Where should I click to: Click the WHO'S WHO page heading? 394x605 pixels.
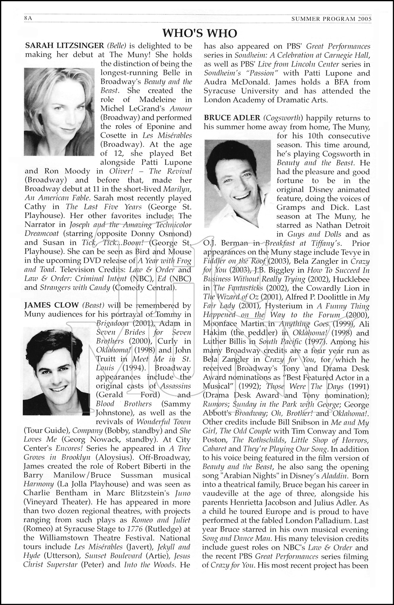click(199, 33)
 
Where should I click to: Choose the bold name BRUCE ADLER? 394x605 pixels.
click(232, 118)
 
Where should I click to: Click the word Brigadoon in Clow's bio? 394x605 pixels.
click(113, 323)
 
